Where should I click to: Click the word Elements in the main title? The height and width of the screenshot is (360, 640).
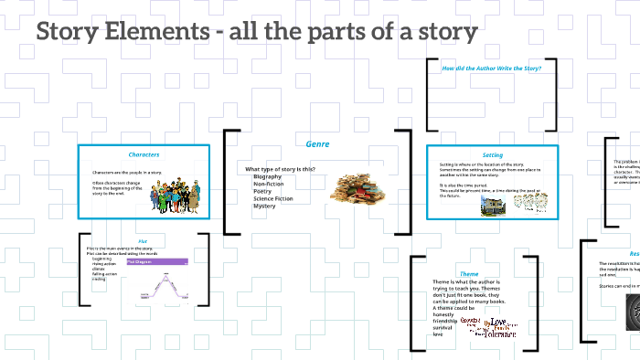[155, 33]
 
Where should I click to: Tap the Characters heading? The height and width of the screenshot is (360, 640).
[144, 154]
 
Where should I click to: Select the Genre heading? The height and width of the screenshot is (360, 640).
[317, 144]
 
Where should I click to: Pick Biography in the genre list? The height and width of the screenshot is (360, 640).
[268, 176]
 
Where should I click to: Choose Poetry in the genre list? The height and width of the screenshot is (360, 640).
[263, 191]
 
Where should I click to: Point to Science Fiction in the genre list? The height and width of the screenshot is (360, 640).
[273, 198]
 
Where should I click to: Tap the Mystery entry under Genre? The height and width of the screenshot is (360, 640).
[264, 206]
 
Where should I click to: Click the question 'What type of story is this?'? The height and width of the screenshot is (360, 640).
[281, 169]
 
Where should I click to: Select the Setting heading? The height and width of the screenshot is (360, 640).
[493, 155]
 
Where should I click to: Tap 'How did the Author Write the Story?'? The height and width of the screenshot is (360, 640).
[492, 69]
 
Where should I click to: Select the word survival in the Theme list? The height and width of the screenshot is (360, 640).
[443, 327]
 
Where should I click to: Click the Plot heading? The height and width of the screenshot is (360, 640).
[143, 241]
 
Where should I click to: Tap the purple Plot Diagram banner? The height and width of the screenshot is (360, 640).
[155, 262]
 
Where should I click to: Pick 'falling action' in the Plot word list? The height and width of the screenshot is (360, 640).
[105, 274]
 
